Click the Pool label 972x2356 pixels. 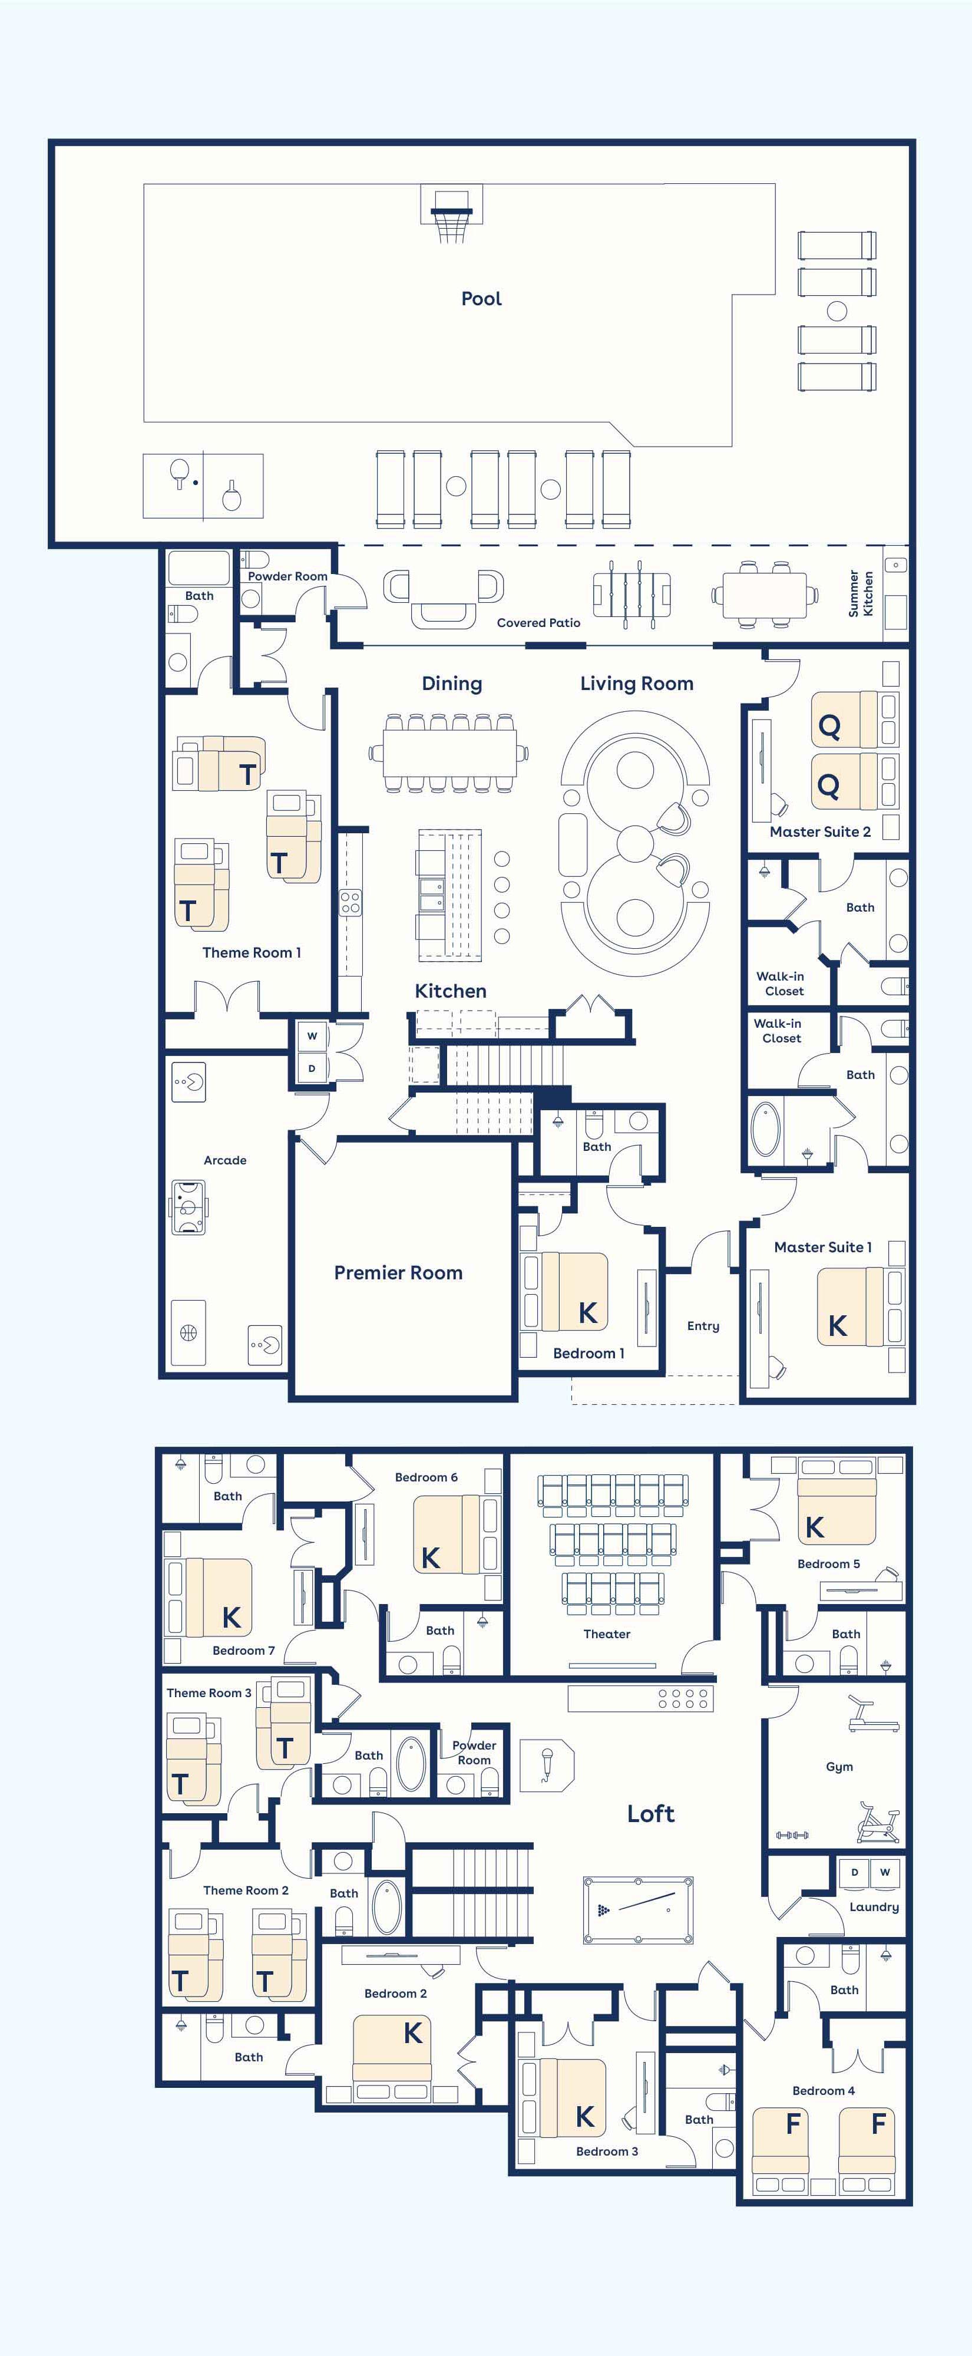click(481, 298)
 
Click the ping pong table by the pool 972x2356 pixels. click(203, 486)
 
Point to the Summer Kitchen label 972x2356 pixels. click(861, 593)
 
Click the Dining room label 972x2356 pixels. click(452, 683)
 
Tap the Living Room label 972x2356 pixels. click(636, 683)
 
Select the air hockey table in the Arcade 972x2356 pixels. click(189, 1207)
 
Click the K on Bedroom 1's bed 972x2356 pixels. click(588, 1312)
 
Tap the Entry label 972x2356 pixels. click(703, 1326)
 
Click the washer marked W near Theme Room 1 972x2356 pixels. click(312, 1036)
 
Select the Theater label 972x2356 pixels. click(607, 1634)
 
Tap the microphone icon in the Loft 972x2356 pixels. click(547, 1764)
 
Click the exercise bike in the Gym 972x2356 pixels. click(878, 1822)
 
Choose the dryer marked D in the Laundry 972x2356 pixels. click(855, 1872)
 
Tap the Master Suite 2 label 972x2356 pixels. click(820, 831)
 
